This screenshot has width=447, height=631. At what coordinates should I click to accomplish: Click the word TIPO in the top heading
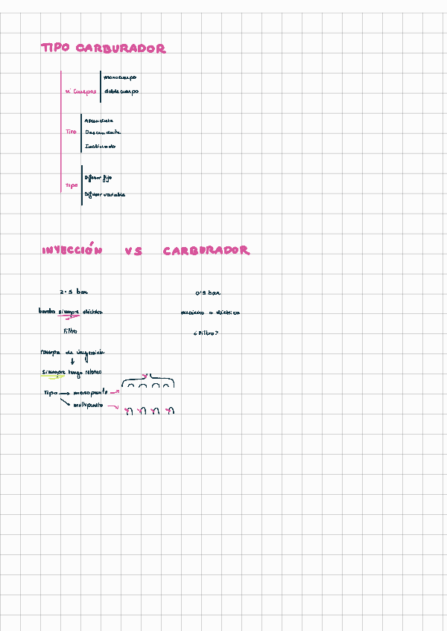pyautogui.click(x=55, y=48)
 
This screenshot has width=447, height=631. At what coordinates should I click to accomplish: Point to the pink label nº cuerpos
pyautogui.click(x=80, y=92)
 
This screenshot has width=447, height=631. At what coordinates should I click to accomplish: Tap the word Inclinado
pyautogui.click(x=100, y=146)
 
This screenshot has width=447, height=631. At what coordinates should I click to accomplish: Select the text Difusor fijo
pyautogui.click(x=98, y=179)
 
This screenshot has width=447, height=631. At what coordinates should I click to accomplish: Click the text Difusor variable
pyautogui.click(x=104, y=194)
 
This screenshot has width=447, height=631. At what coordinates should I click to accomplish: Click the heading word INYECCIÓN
pyautogui.click(x=72, y=252)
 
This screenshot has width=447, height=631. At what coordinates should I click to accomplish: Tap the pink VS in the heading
pyautogui.click(x=133, y=252)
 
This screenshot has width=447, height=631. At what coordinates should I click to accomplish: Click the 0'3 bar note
pyautogui.click(x=208, y=292)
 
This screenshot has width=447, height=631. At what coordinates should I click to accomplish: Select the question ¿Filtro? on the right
pyautogui.click(x=206, y=333)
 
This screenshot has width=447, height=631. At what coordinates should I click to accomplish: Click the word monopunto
pyautogui.click(x=91, y=391)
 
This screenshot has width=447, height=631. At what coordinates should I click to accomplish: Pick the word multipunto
pyautogui.click(x=89, y=406)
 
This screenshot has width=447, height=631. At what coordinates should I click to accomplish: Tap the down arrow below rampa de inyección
pyautogui.click(x=72, y=362)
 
